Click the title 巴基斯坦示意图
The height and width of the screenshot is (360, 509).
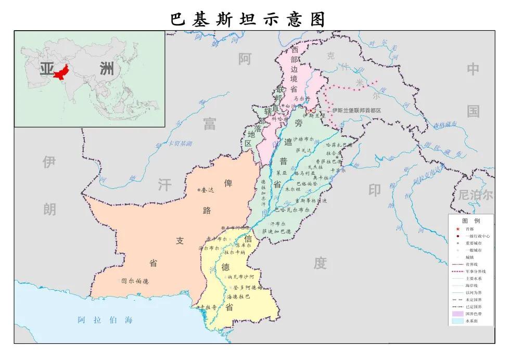(248, 19)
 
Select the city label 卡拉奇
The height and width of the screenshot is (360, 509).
(208, 307)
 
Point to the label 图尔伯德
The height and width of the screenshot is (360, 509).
(135, 281)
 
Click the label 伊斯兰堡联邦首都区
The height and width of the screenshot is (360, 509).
(357, 111)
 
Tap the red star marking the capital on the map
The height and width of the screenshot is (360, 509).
(311, 110)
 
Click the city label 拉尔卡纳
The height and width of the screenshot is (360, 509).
(235, 252)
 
